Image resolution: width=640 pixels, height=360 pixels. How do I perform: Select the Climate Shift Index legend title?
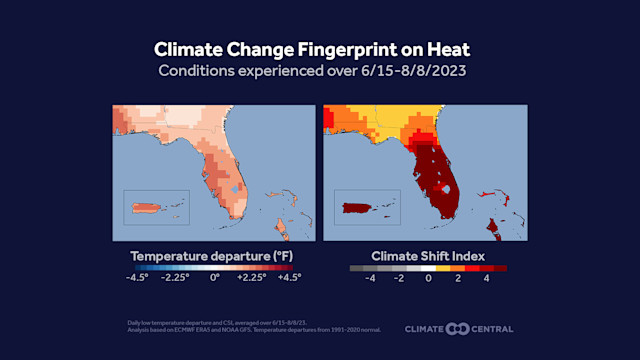[428, 256]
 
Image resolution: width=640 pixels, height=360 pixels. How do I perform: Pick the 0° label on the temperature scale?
[214, 279]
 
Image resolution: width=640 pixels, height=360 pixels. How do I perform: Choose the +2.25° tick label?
[250, 279]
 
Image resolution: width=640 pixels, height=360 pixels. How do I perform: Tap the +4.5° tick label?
[288, 279]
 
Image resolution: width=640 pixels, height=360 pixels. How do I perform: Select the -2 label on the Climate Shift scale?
[399, 279]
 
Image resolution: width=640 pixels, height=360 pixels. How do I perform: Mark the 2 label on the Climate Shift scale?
[457, 279]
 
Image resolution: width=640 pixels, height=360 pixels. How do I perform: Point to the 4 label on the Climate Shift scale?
[486, 279]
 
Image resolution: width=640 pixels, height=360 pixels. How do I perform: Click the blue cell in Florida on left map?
[235, 188]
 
